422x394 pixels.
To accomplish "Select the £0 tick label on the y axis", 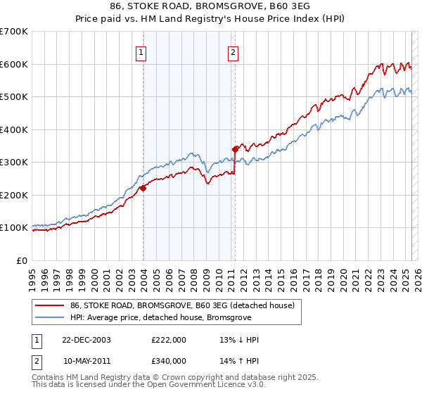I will pyautogui.click(x=21, y=260).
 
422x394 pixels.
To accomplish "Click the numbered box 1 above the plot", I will pyautogui.click(x=141, y=51).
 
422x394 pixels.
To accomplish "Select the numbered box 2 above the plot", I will pyautogui.click(x=233, y=51).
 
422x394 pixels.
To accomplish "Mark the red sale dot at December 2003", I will pyautogui.click(x=143, y=188).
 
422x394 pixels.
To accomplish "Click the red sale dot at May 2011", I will pyautogui.click(x=235, y=149).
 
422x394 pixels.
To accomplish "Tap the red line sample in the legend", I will pyautogui.click(x=50, y=305).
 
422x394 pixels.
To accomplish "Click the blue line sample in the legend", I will pyautogui.click(x=50, y=318).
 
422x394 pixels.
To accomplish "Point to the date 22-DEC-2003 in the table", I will pyautogui.click(x=87, y=340).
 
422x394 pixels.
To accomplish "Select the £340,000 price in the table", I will pyautogui.click(x=169, y=361).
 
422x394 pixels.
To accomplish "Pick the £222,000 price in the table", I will pyautogui.click(x=169, y=340).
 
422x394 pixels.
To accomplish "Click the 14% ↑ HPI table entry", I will pyautogui.click(x=240, y=361).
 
